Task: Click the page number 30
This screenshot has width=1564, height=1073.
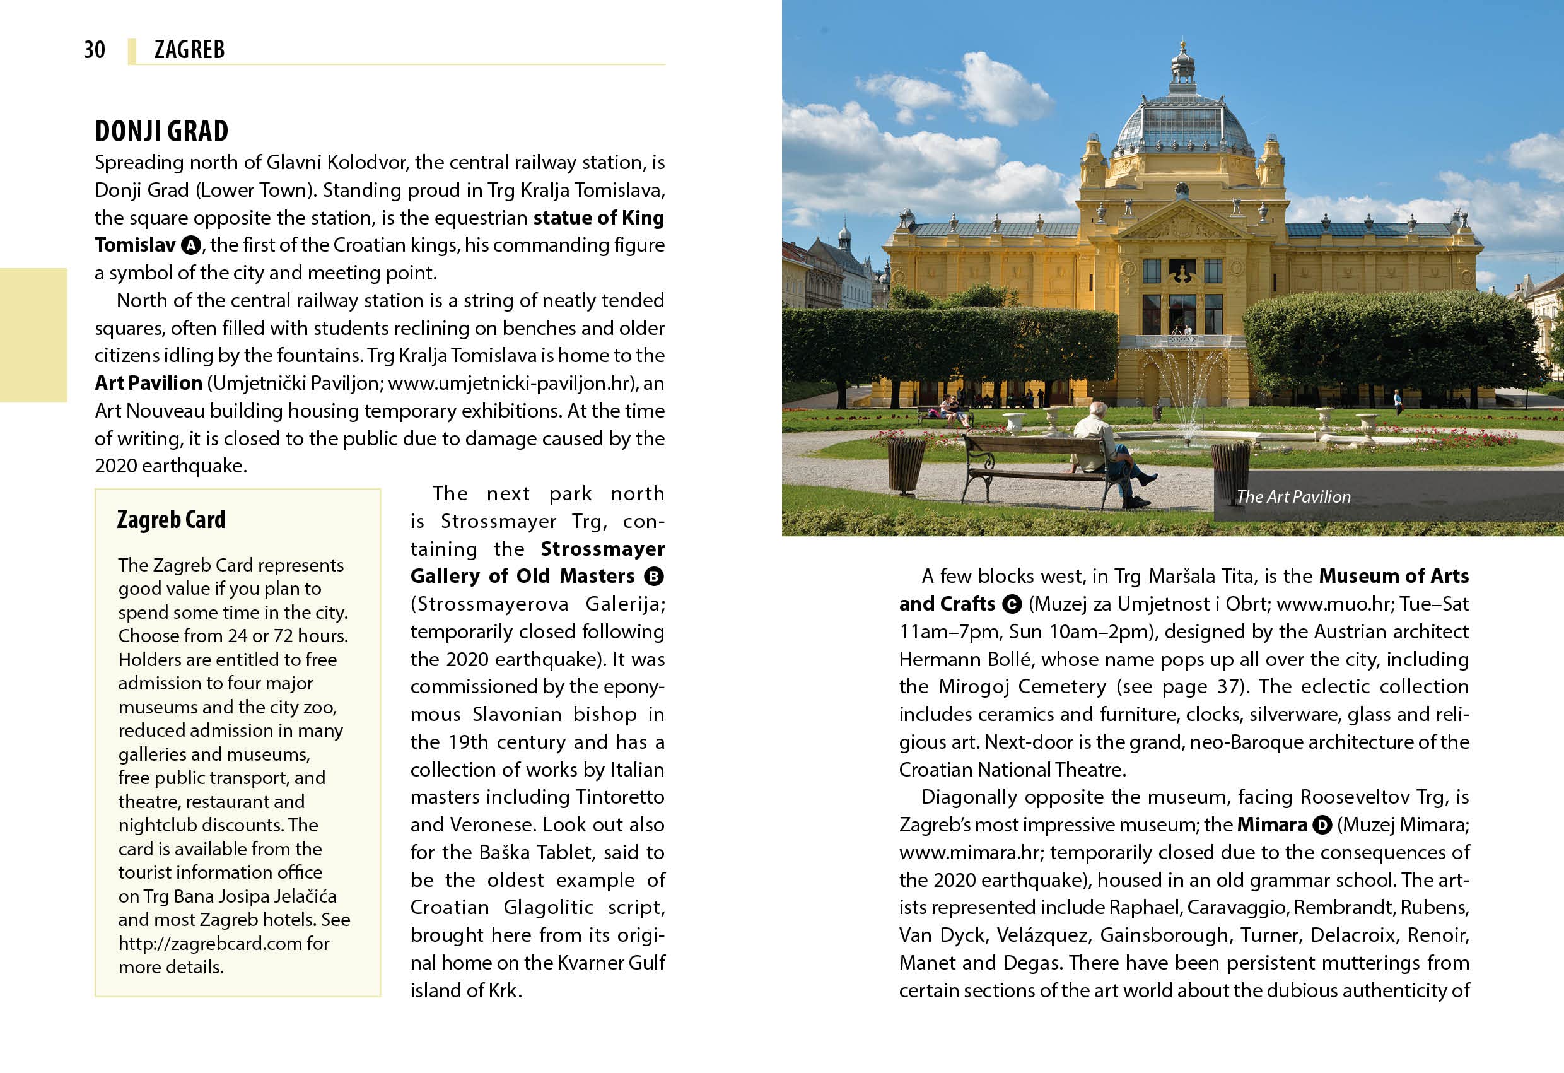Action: click(x=94, y=50)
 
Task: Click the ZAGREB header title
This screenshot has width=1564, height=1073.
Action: click(x=189, y=50)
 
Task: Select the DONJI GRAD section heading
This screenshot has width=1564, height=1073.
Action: click(x=161, y=131)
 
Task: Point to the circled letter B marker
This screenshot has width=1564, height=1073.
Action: click(x=653, y=577)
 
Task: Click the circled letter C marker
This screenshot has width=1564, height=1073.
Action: click(x=1012, y=604)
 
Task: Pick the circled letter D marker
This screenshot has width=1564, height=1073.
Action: click(x=1322, y=825)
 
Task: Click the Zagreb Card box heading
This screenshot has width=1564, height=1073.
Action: click(x=171, y=520)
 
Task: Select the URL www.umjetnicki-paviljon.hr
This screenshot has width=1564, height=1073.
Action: click(x=509, y=384)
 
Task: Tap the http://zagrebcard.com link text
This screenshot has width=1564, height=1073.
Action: click(x=210, y=944)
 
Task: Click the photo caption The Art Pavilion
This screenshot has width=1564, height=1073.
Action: click(x=1293, y=497)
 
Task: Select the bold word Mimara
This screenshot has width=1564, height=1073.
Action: click(x=1271, y=825)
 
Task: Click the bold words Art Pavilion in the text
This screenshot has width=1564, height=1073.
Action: click(x=148, y=384)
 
